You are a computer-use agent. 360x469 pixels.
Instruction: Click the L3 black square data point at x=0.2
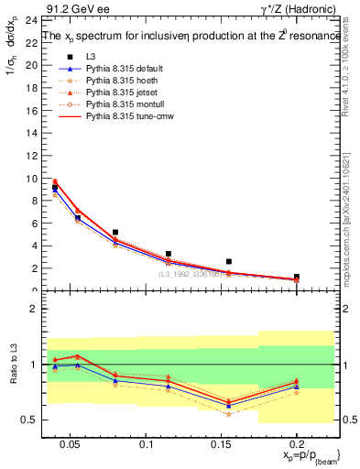(x=296, y=277)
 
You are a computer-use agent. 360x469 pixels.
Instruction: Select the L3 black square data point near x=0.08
(x=115, y=233)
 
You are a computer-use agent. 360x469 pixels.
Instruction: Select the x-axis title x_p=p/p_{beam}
(x=302, y=455)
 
